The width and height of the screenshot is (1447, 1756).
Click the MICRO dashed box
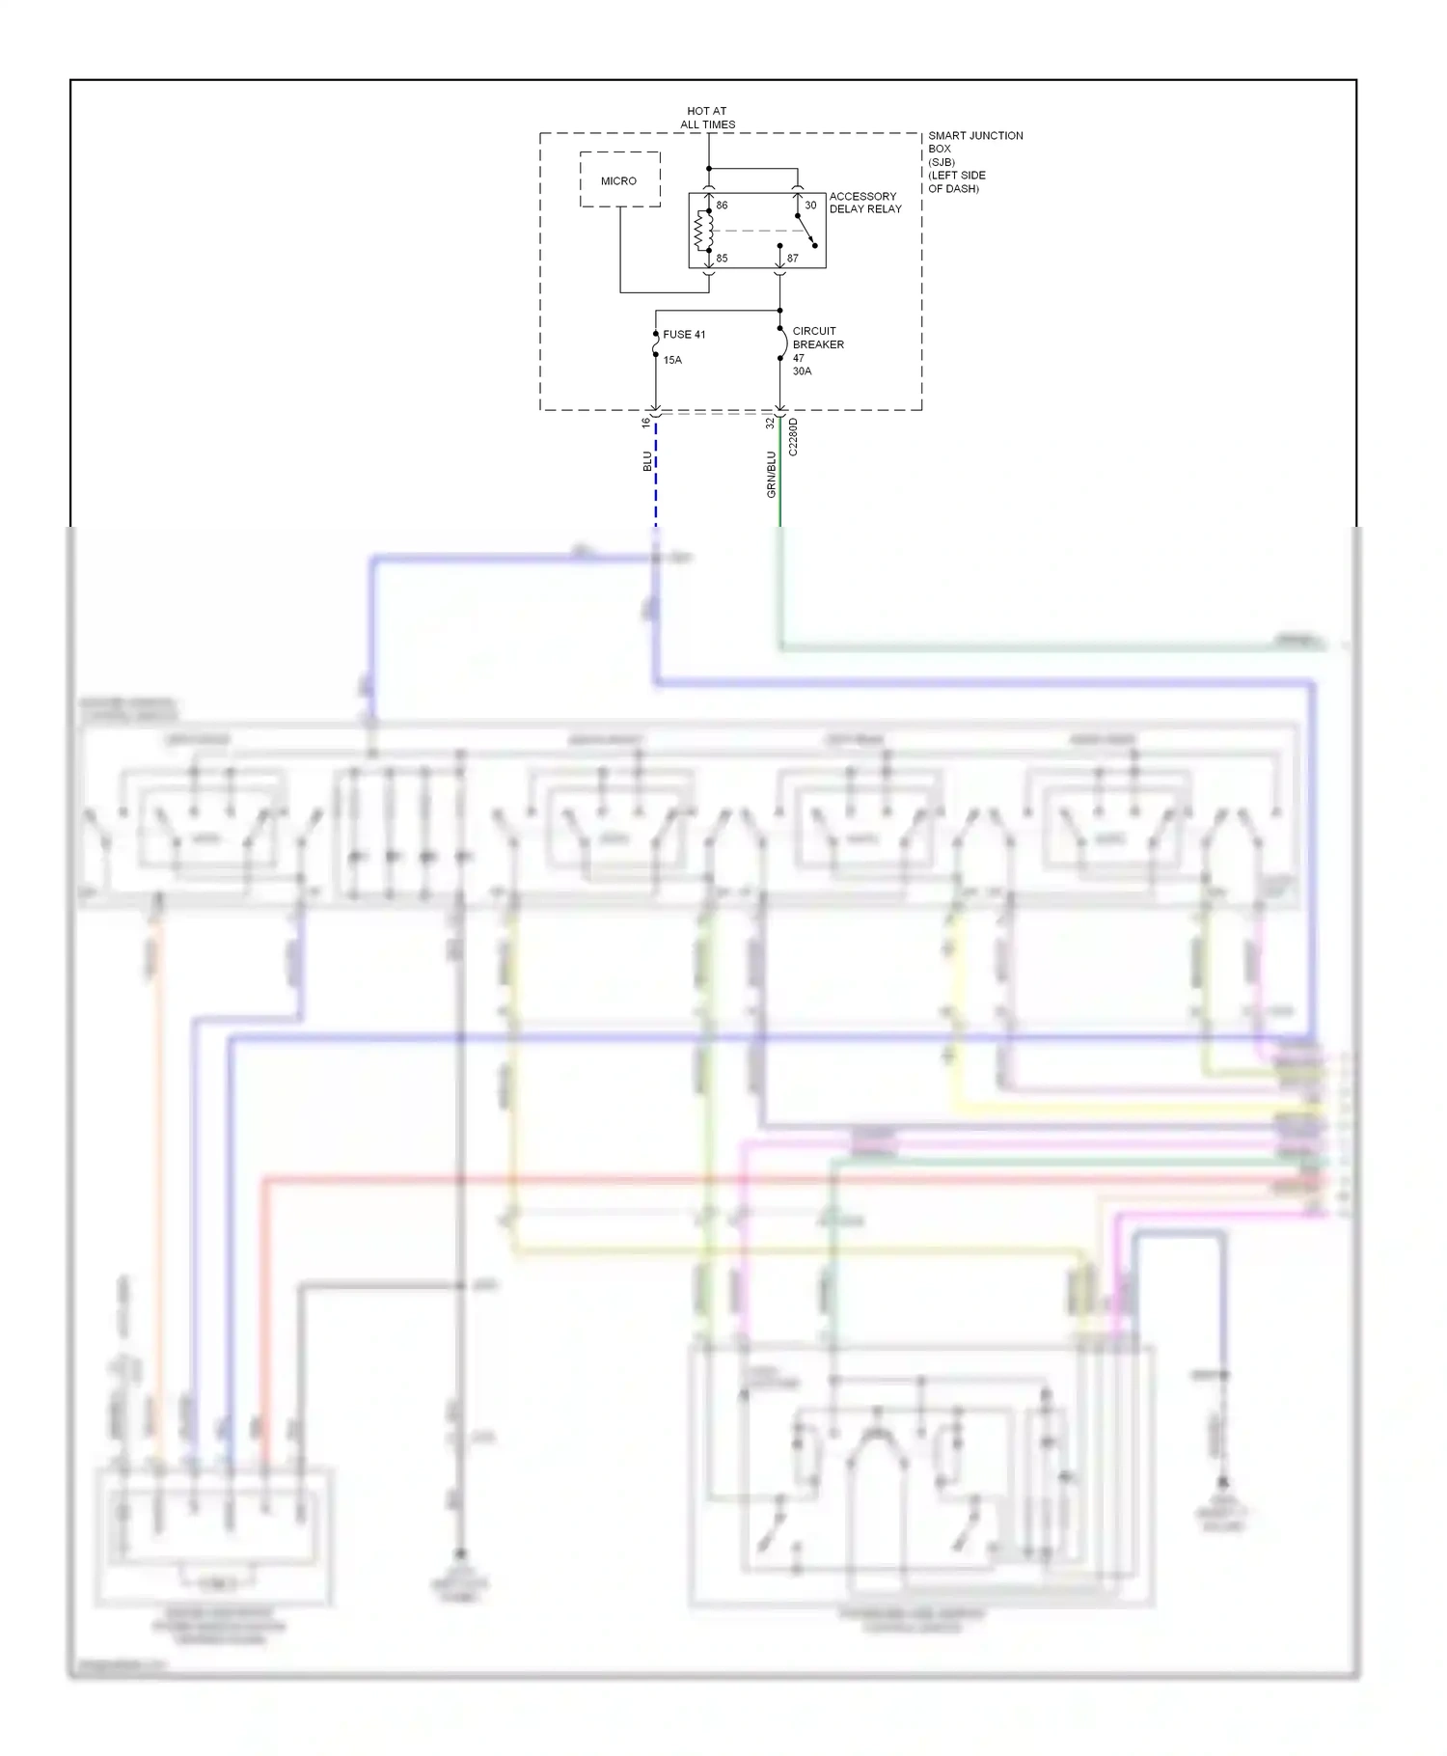(x=619, y=179)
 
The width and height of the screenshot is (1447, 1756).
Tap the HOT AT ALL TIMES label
(x=707, y=118)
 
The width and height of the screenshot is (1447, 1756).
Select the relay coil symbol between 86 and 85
(x=704, y=232)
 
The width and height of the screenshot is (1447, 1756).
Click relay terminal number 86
(x=722, y=206)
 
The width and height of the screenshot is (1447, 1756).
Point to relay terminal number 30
(x=810, y=206)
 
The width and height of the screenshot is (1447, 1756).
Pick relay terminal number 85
(x=722, y=259)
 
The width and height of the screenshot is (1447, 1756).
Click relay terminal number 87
(x=792, y=259)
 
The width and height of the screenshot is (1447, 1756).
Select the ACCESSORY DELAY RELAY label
(x=864, y=203)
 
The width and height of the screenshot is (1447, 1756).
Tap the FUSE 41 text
(x=684, y=335)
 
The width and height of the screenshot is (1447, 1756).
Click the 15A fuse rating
(x=672, y=360)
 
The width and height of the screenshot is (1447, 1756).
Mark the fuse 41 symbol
(x=656, y=344)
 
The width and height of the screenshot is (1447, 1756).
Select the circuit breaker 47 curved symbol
(x=781, y=344)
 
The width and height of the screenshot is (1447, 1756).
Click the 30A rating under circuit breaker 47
(x=802, y=371)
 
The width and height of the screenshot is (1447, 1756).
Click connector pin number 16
(x=646, y=423)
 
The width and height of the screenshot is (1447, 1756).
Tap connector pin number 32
(x=770, y=423)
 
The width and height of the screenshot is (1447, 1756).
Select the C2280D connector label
(x=793, y=437)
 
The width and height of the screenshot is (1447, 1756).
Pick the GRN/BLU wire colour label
(x=771, y=475)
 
